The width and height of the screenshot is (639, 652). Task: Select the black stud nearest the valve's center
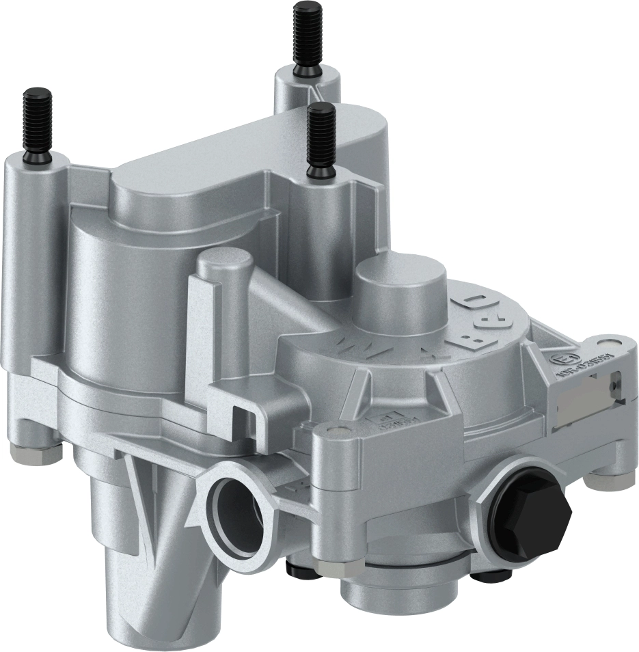point(320,140)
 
